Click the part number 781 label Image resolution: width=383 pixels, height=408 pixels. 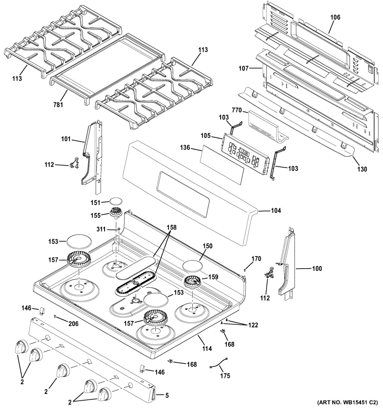click(x=58, y=105)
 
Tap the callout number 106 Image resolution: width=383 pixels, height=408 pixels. click(x=335, y=17)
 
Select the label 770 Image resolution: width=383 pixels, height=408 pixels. click(x=237, y=110)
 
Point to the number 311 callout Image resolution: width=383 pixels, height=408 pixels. click(x=101, y=229)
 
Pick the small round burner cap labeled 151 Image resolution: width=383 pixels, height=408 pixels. click(x=116, y=201)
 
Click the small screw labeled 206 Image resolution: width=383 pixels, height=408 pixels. click(x=55, y=316)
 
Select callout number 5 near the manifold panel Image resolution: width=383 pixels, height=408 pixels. click(x=167, y=395)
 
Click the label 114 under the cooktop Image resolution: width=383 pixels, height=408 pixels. click(x=207, y=348)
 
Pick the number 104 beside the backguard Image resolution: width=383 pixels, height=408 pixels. click(x=276, y=210)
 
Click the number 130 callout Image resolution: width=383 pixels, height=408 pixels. click(x=362, y=169)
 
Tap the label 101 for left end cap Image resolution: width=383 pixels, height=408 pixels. click(x=66, y=139)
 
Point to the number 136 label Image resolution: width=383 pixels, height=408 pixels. click(x=185, y=148)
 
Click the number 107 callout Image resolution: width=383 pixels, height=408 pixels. click(x=244, y=68)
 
